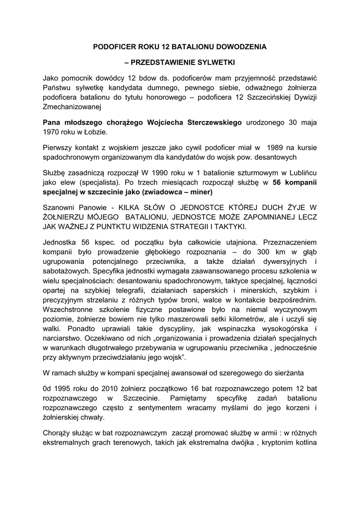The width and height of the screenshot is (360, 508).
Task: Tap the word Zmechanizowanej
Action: tap(72, 106)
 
